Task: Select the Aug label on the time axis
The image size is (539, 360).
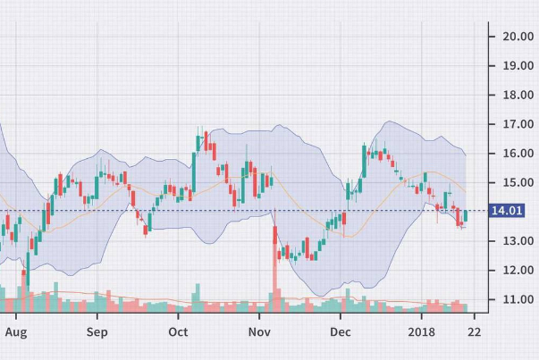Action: pyautogui.click(x=15, y=331)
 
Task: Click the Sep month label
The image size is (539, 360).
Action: pyautogui.click(x=97, y=331)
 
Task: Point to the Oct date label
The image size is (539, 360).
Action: pyautogui.click(x=178, y=331)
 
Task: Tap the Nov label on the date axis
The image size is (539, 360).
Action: pyautogui.click(x=259, y=331)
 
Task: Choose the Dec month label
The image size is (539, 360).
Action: pyautogui.click(x=340, y=331)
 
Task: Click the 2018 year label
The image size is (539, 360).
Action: pyautogui.click(x=422, y=331)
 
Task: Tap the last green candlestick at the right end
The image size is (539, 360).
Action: pyautogui.click(x=466, y=216)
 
